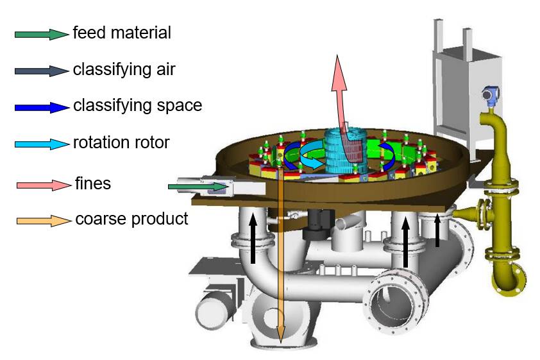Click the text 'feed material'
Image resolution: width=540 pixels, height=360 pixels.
tap(122, 32)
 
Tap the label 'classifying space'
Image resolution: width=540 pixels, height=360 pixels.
tap(137, 105)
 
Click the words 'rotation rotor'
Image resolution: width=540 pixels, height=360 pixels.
tap(121, 142)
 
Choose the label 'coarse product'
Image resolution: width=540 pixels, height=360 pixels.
tap(132, 219)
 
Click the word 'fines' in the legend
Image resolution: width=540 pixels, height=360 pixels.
tap(93, 184)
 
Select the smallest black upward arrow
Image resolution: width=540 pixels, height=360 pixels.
tap(437, 232)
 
